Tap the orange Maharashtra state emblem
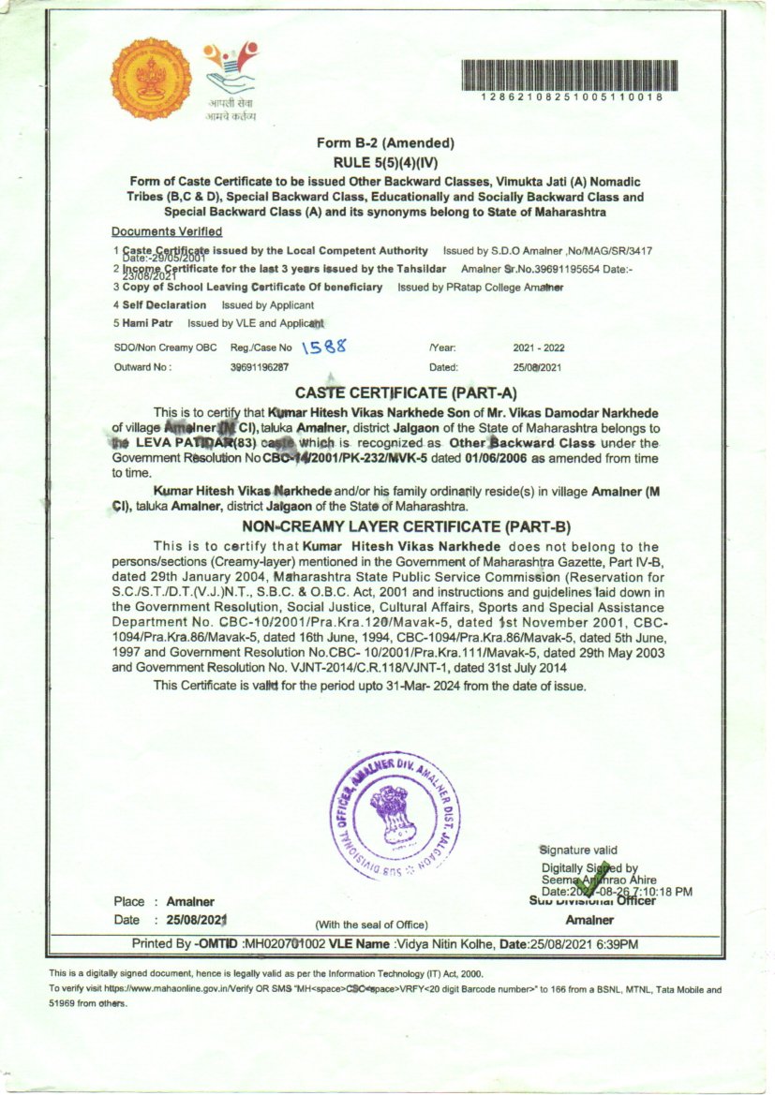[143, 80]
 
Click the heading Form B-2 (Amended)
[385, 143]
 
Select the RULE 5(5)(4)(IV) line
[385, 161]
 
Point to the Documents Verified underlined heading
[167, 231]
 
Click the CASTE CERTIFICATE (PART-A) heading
[406, 392]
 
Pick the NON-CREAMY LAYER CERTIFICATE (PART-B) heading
[406, 526]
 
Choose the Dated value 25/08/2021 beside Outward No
[538, 367]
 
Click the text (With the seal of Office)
[372, 925]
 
